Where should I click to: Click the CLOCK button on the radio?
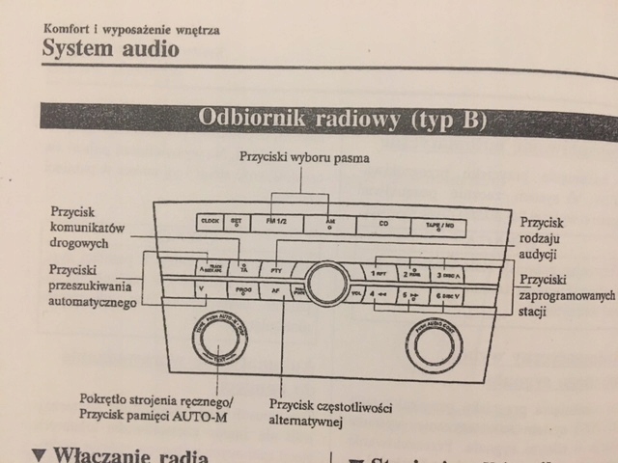pos(210,222)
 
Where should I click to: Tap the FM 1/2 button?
pos(273,223)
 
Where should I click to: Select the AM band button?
pos(328,223)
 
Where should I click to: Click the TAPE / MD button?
pos(438,226)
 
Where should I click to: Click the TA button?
pos(243,267)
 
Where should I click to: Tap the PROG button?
pos(242,288)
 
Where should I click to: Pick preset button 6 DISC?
pos(449,296)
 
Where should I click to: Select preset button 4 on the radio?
pos(379,293)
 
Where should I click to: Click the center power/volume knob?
pos(327,281)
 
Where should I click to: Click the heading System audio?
pos(111,48)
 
